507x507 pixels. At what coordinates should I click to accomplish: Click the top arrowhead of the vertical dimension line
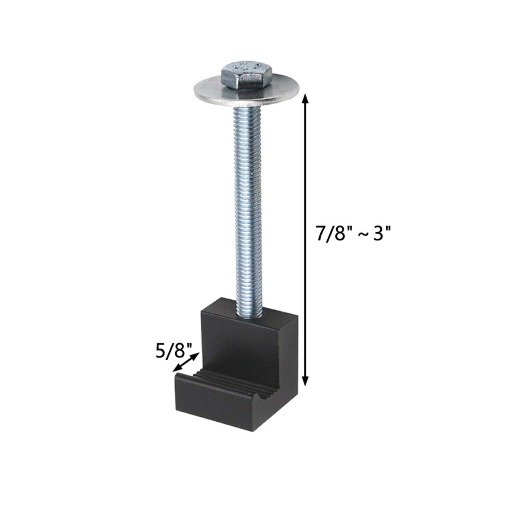point(305,98)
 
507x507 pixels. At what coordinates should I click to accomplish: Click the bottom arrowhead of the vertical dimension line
point(305,382)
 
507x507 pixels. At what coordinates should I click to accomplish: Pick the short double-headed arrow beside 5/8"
point(186,362)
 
